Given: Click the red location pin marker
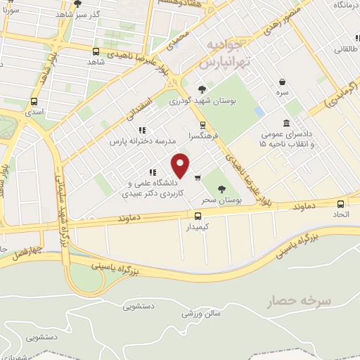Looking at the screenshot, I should (181, 165).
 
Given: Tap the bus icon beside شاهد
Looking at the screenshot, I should (96, 51).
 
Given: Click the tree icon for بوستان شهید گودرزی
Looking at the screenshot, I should (202, 89).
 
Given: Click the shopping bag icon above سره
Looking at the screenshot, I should (282, 82).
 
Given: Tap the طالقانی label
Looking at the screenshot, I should (345, 49).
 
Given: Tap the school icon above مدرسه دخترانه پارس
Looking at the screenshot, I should (142, 130).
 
